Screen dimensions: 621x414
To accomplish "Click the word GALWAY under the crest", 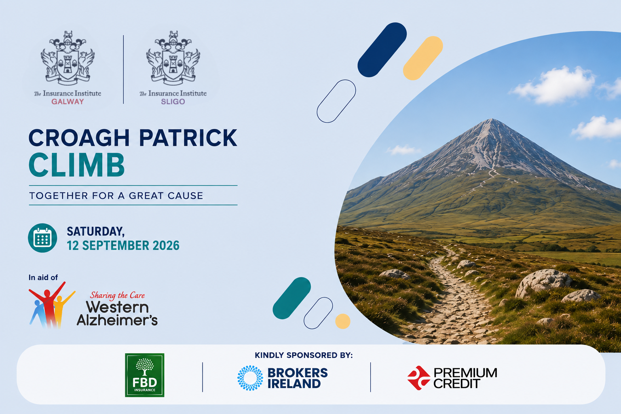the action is (x=68, y=101).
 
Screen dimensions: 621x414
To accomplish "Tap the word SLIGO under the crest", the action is (x=173, y=101).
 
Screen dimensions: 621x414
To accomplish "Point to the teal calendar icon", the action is (x=42, y=238).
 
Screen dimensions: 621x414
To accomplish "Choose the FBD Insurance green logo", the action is (x=144, y=375).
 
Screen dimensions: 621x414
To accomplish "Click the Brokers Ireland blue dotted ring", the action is (x=250, y=378).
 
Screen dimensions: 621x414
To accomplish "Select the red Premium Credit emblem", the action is (x=418, y=378).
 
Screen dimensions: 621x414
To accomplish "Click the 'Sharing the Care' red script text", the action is (x=117, y=295).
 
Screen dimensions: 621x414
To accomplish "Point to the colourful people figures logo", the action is (x=52, y=305).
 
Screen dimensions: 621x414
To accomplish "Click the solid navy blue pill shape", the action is (x=382, y=50).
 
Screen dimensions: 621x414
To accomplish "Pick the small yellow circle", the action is (x=343, y=321).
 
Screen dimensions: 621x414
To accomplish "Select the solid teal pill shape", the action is (x=291, y=298).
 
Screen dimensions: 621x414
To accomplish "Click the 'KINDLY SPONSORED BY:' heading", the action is (x=304, y=355).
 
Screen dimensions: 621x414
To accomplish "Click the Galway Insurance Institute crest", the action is (x=68, y=58).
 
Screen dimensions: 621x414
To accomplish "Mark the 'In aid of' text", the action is (x=43, y=277).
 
